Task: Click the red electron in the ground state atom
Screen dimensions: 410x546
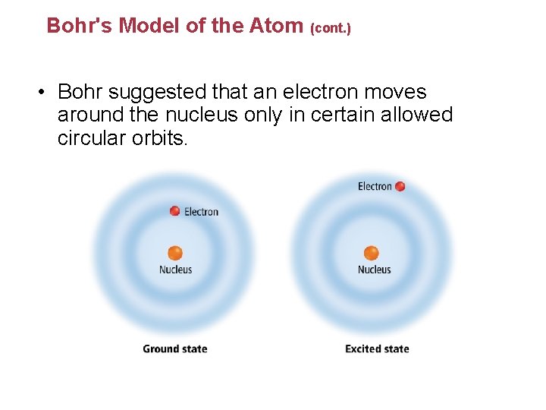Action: (x=175, y=211)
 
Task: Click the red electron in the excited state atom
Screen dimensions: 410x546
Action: (x=400, y=186)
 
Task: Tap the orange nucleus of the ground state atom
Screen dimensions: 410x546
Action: (x=175, y=253)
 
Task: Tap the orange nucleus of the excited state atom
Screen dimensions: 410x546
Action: (x=371, y=253)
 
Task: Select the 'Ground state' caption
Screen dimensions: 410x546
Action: (x=175, y=349)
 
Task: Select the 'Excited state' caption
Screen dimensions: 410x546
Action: (x=377, y=349)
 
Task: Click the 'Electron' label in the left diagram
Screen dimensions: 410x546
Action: (x=202, y=212)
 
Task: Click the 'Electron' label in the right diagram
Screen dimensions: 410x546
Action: (x=375, y=187)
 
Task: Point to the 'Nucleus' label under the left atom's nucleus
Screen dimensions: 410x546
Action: (x=175, y=270)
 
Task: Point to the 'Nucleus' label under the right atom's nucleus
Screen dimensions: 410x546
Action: (x=375, y=270)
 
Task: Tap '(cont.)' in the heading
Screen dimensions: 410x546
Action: (x=331, y=29)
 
